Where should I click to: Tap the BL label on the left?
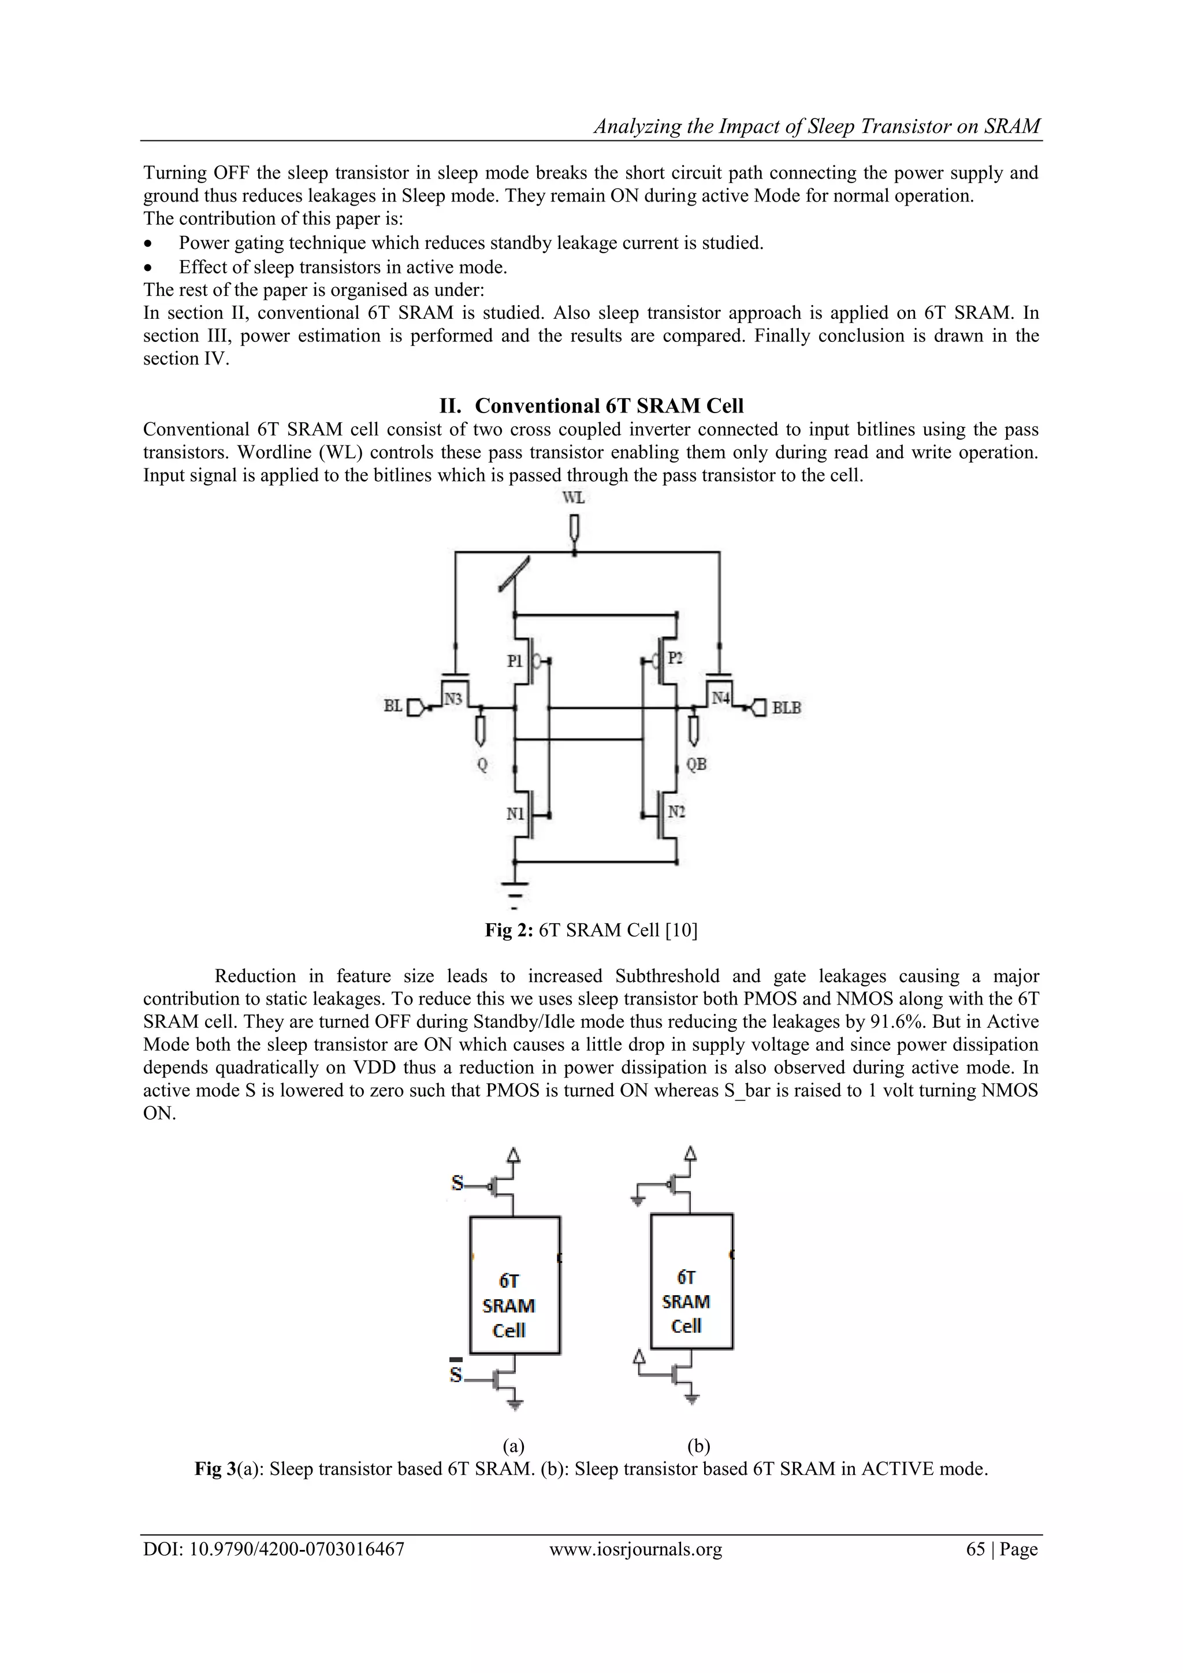point(393,706)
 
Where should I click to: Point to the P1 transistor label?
point(515,661)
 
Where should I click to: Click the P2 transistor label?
point(675,658)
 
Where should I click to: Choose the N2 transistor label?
point(677,811)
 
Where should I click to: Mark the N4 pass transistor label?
point(720,697)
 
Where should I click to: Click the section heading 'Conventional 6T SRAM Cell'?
point(608,406)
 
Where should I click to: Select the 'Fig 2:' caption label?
point(510,931)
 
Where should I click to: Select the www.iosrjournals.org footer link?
point(635,1550)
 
